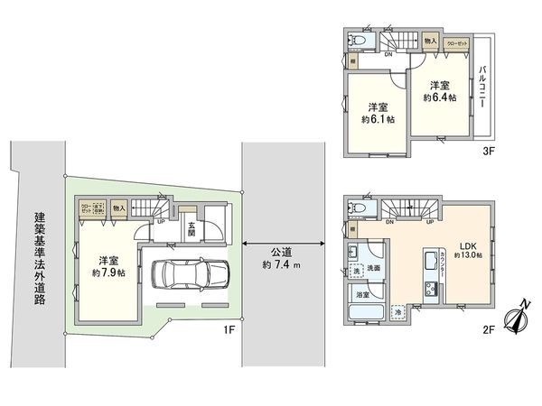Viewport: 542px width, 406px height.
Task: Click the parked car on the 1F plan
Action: [191, 273]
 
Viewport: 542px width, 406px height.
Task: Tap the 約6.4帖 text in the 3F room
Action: [443, 97]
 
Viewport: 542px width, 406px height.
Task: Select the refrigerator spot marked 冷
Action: [398, 312]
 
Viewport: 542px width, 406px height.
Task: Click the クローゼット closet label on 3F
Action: [458, 42]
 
